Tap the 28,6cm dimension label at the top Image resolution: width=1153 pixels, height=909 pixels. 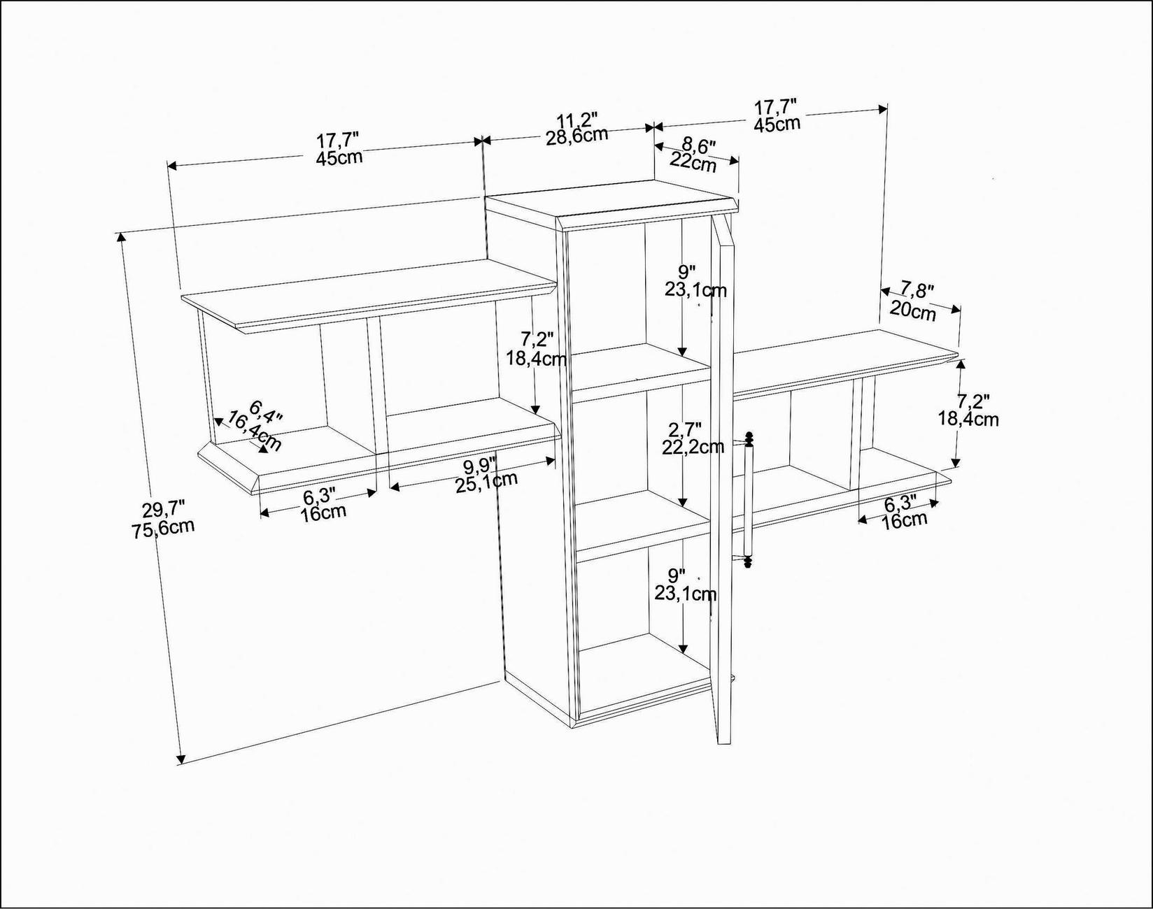pyautogui.click(x=577, y=135)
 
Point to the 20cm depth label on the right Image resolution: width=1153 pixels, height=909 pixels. pyautogui.click(x=913, y=311)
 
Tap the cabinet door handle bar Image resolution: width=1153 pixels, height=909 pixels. pyautogui.click(x=747, y=500)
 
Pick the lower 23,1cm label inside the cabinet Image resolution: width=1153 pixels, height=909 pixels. pyautogui.click(x=685, y=594)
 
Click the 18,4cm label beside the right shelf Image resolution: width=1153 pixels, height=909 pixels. pyautogui.click(x=968, y=420)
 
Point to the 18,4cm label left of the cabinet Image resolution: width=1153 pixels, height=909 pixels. pyautogui.click(x=537, y=359)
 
